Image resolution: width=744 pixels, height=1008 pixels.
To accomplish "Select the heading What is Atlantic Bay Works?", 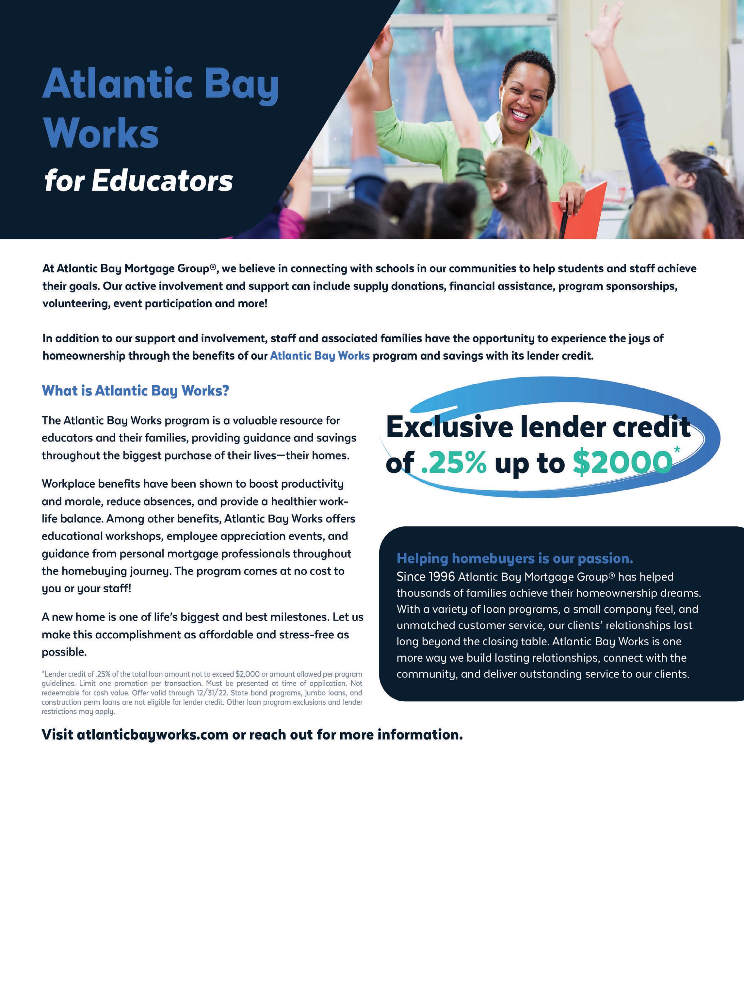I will [135, 391].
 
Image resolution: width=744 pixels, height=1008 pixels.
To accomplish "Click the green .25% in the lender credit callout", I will [454, 463].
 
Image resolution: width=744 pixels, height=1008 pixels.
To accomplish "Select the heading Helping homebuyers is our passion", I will [514, 558].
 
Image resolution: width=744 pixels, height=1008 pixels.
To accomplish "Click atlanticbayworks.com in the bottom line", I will [153, 735].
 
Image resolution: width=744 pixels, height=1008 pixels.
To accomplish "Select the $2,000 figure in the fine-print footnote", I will [247, 674].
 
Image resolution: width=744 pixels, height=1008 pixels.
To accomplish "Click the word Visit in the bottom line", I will [57, 735].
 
